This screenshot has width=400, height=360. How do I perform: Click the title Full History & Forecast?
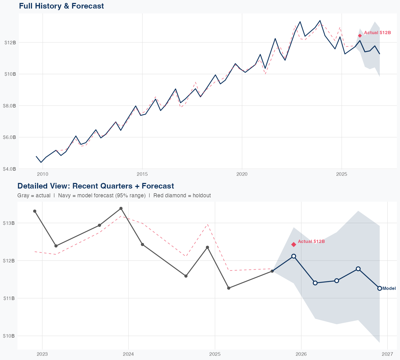(61, 6)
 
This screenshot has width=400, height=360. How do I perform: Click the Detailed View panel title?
(95, 186)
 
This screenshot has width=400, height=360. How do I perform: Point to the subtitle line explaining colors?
(114, 195)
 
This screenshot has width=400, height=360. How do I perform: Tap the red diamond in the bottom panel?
(294, 245)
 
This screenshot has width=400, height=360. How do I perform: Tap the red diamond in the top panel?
(360, 36)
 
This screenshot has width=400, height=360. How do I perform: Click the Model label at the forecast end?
(389, 288)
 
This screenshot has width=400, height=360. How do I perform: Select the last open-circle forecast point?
(379, 288)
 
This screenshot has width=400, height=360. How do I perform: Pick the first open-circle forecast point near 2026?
(294, 256)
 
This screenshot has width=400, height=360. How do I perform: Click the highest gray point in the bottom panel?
(121, 208)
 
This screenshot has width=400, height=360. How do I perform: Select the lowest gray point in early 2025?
(229, 288)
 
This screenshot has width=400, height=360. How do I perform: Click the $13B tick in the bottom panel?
(9, 223)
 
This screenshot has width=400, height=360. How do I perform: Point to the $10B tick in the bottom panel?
(9, 336)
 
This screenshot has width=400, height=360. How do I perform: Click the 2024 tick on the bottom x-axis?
(128, 354)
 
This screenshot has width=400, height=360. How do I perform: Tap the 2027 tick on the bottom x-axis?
(387, 354)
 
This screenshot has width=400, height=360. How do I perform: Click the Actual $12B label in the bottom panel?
(311, 241)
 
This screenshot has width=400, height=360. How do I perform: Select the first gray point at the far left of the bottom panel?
(35, 211)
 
